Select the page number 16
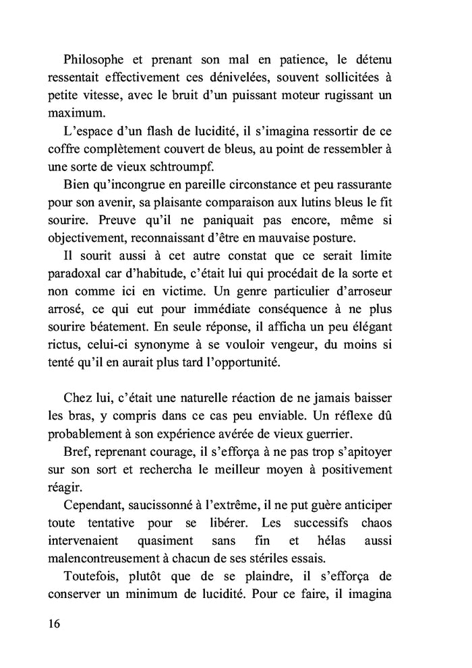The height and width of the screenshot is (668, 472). (55, 624)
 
